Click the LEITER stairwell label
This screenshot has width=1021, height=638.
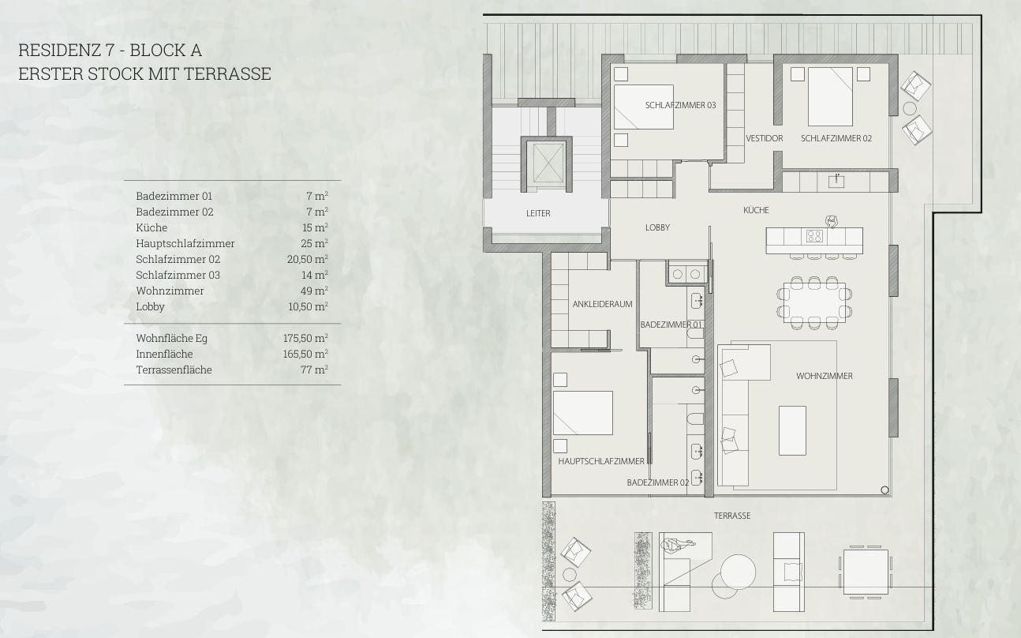click(538, 213)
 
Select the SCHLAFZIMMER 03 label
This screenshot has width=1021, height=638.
click(680, 105)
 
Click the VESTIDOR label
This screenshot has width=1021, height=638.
click(765, 138)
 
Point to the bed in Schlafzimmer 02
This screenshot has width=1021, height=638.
click(831, 96)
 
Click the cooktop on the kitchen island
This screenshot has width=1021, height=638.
click(814, 236)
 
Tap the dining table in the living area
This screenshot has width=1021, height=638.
click(814, 302)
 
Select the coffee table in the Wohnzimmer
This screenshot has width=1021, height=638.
click(792, 430)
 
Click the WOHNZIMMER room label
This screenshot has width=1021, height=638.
click(824, 376)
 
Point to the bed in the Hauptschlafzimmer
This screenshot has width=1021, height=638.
click(583, 413)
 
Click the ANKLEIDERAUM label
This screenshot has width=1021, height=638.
click(602, 304)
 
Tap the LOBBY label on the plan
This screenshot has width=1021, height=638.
click(657, 227)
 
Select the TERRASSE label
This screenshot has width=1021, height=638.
click(732, 516)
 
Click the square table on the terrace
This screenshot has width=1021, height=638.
click(866, 572)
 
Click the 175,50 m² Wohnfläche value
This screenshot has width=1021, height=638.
click(305, 338)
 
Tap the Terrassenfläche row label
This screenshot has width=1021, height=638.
click(174, 370)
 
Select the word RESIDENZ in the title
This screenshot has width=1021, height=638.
click(60, 51)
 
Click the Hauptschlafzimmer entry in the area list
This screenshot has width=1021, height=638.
click(185, 243)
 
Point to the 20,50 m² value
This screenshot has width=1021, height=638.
click(308, 259)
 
